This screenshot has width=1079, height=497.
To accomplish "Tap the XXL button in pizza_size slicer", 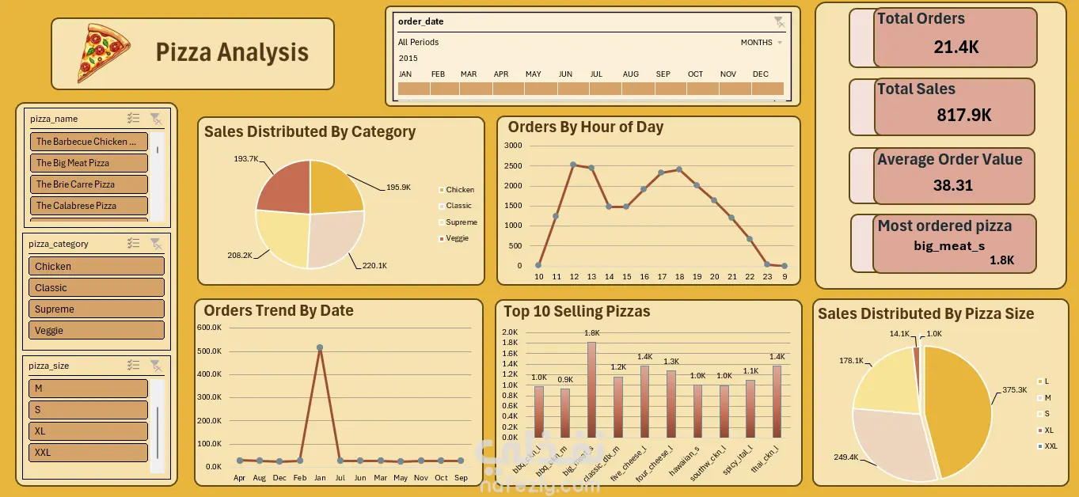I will [x=88, y=453].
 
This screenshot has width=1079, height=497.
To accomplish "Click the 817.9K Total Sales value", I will [x=963, y=116].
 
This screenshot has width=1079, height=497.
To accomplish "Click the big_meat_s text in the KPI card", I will [x=948, y=245].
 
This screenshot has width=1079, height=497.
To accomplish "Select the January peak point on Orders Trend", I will [x=320, y=347].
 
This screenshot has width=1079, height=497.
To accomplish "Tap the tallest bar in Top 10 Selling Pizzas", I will [x=591, y=389].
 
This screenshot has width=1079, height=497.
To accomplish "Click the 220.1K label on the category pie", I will [x=374, y=266].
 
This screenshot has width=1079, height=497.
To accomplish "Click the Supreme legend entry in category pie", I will [x=461, y=222].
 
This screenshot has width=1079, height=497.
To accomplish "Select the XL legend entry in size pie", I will [x=1048, y=430].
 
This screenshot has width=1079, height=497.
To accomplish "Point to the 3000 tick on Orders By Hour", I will [x=512, y=146].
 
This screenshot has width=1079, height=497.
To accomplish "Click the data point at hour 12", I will [x=573, y=165].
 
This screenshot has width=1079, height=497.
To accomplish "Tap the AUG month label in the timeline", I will [x=630, y=74].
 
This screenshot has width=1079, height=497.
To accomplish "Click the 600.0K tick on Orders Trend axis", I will [x=209, y=328].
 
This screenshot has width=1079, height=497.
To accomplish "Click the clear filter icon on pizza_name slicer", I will [x=156, y=119].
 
